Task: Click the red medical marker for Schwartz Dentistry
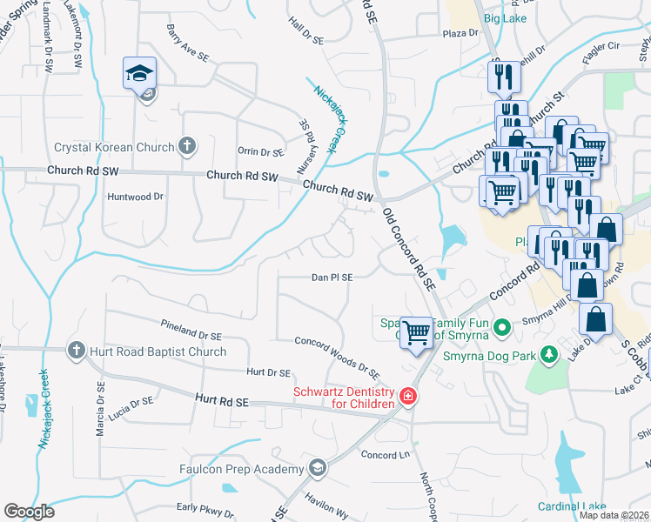point(406,398)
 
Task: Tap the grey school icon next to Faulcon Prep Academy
point(317,468)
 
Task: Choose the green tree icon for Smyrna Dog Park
point(548,354)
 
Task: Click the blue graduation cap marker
point(138,74)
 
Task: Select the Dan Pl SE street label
point(332,278)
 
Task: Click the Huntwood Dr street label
point(135,197)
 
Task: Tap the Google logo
point(29,512)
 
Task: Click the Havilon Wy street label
point(326,510)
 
